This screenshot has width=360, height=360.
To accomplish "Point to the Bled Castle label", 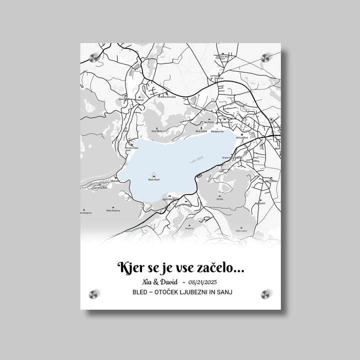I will pyautogui.click(x=201, y=131).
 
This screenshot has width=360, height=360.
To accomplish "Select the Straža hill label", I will pyautogui.click(x=219, y=198).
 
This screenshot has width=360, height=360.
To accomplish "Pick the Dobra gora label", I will pyautogui.click(x=241, y=231).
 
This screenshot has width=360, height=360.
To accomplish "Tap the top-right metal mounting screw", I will pyautogui.click(x=265, y=58).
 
